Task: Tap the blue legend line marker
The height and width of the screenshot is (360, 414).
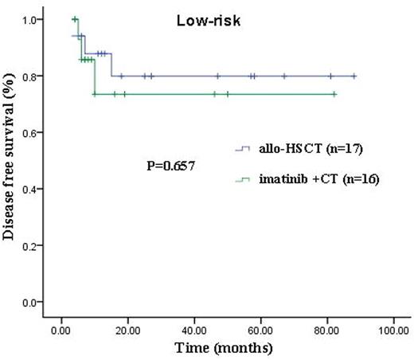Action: pos(243,148)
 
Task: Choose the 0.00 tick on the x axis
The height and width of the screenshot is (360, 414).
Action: pos(61,330)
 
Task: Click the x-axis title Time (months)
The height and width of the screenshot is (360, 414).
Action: pos(227,349)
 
